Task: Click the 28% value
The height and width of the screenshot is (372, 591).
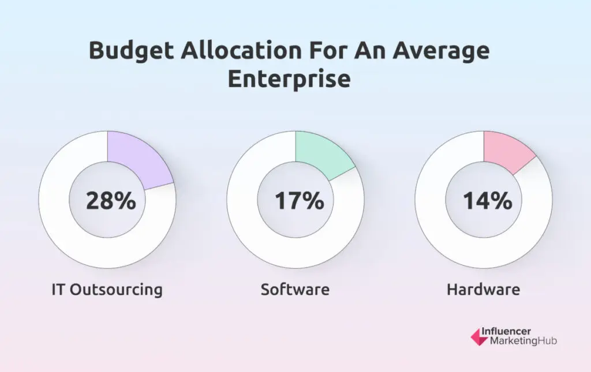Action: click(x=111, y=201)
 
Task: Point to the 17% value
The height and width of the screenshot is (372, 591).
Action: click(x=299, y=201)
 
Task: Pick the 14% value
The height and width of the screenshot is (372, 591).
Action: click(x=487, y=201)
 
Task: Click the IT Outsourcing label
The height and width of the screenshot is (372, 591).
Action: click(x=107, y=288)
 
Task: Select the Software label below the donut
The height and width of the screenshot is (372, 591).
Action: click(x=295, y=288)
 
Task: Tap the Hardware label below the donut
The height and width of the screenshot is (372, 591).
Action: click(x=483, y=288)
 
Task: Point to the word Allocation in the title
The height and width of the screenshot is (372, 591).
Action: click(x=242, y=51)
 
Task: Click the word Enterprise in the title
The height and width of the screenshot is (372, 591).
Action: click(x=289, y=79)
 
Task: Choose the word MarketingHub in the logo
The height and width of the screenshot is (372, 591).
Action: click(x=523, y=341)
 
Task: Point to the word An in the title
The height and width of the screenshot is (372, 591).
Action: click(x=372, y=51)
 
